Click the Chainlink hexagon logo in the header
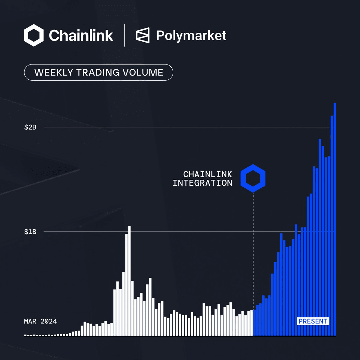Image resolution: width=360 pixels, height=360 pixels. pos(34,35)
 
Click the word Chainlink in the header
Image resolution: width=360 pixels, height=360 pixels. pos(81,36)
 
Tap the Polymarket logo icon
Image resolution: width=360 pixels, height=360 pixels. pos(142,35)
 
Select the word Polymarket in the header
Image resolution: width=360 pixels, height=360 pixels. pos(191,36)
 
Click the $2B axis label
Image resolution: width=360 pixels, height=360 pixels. pos(30,127)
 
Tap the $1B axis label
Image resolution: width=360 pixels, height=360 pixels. pos(30,232)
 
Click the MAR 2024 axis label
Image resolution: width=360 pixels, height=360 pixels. pos(40,322)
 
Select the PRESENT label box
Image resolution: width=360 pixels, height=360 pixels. pos(313,321)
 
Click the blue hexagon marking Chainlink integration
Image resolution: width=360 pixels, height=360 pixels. pos(253,178)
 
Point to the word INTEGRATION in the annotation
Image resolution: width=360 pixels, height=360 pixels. pos(202,183)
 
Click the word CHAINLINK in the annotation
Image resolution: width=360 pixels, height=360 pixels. pos(208,174)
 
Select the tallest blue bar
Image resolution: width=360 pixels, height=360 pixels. pos(335,219)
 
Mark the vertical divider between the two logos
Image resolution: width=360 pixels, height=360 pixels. pos(124,35)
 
